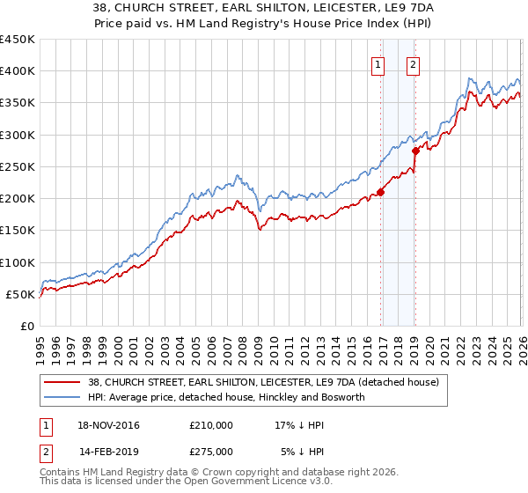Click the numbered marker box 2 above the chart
click(413, 63)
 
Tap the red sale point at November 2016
click(381, 192)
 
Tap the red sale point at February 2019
click(415, 151)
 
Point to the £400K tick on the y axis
click(18, 71)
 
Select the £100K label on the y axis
click(18, 262)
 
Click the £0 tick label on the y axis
click(28, 326)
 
